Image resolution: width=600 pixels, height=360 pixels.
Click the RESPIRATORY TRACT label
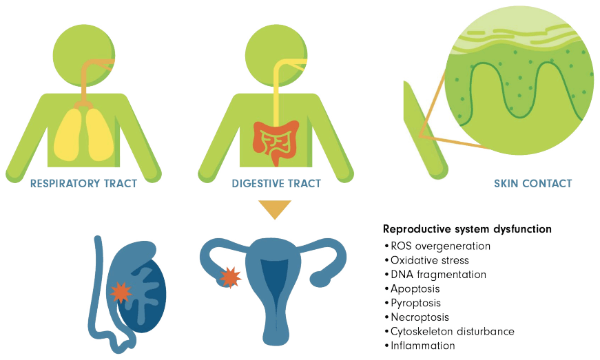(83, 183)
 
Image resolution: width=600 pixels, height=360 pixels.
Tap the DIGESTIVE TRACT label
(276, 183)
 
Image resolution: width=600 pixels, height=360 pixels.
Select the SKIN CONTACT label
(532, 183)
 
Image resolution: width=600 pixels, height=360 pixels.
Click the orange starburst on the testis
(121, 293)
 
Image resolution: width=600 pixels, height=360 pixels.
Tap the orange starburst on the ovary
(230, 277)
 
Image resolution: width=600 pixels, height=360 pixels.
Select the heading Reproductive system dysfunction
(467, 229)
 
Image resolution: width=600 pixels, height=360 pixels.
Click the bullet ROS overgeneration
(437, 246)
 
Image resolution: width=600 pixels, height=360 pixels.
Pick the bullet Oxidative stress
(426, 260)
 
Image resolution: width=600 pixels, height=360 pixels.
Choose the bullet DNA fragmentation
(435, 275)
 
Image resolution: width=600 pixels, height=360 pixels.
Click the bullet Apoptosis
(412, 289)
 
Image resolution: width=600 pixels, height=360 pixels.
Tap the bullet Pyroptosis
(413, 303)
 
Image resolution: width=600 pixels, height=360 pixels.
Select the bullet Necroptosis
(417, 317)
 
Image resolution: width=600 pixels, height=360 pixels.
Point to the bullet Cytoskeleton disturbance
(450, 331)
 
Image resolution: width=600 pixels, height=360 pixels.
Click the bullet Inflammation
(420, 346)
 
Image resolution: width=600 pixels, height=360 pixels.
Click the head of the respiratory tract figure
(84, 55)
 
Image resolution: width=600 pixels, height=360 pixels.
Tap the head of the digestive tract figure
(276, 55)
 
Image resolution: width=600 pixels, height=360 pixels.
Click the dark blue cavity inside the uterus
(274, 279)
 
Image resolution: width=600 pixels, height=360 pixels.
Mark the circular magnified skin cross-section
(519, 81)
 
